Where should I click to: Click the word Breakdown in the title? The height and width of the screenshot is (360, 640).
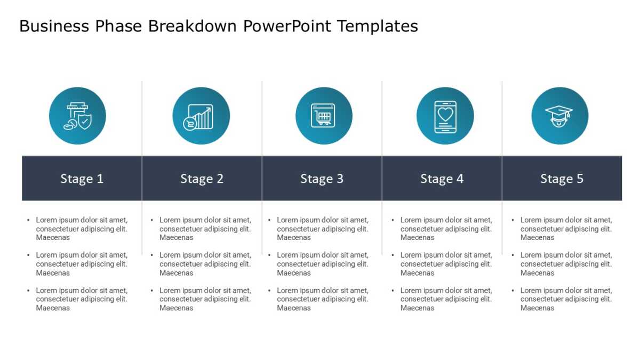click(192, 26)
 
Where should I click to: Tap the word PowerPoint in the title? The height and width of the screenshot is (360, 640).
click(287, 26)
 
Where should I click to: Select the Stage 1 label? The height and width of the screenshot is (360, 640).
click(82, 179)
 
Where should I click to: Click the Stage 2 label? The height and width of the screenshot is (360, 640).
click(202, 179)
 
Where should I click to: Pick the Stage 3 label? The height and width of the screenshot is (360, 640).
click(322, 179)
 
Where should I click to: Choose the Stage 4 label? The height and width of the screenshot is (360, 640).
click(442, 179)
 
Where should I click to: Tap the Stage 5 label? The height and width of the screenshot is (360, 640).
click(562, 179)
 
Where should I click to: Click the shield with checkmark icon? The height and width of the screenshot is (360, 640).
click(85, 122)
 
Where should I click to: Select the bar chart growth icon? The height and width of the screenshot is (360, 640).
click(201, 117)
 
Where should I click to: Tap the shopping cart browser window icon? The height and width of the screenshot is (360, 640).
click(323, 115)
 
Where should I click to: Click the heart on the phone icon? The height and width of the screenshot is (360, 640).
click(445, 114)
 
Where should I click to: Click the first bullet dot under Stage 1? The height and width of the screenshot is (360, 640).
click(28, 220)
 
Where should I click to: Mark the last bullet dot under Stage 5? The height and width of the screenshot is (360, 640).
click(513, 290)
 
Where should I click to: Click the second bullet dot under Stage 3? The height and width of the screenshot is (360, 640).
click(269, 255)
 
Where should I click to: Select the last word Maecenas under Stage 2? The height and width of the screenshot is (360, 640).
click(177, 308)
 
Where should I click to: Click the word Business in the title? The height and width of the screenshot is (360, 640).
click(54, 26)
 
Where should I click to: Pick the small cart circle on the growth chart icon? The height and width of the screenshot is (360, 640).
click(190, 124)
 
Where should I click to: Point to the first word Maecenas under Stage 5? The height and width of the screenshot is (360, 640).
click(537, 237)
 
